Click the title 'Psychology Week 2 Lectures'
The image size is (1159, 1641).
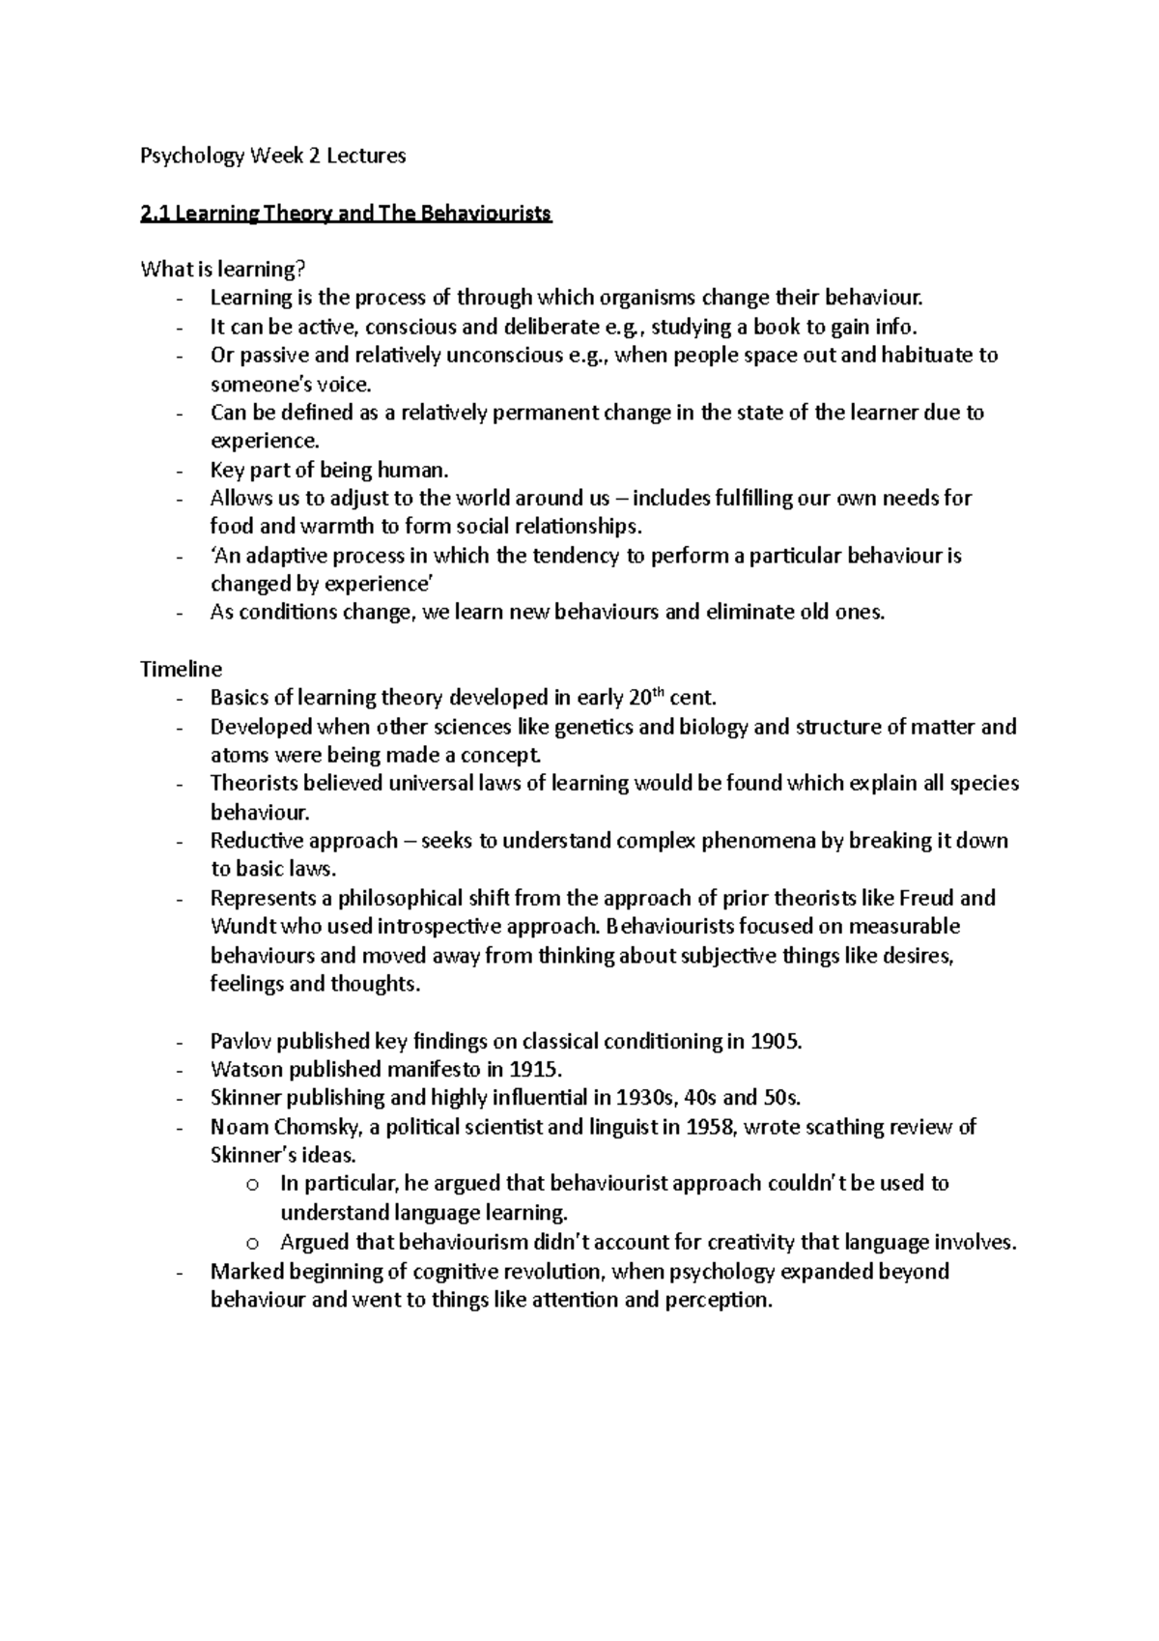pyautogui.click(x=273, y=156)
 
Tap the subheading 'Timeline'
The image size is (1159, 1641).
pyautogui.click(x=181, y=669)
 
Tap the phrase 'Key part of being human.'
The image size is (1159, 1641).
pyautogui.click(x=329, y=471)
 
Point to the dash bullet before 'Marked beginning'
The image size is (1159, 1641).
pyautogui.click(x=182, y=1272)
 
